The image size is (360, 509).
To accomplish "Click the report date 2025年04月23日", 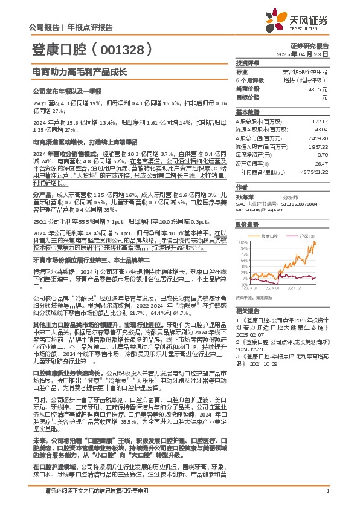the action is pyautogui.click(x=312, y=54).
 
